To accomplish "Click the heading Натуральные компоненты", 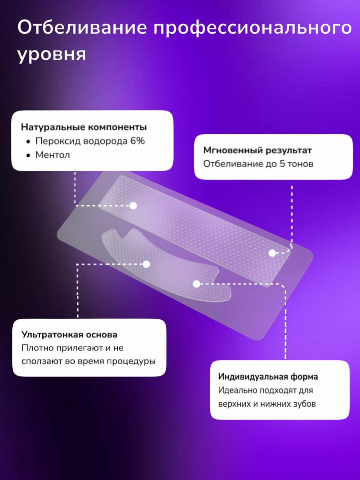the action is pos(84,127).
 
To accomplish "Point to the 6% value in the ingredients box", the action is pos(137,141).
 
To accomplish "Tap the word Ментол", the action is pos(52,155).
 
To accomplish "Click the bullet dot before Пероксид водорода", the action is pos(28,142).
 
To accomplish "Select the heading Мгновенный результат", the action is pos(257,150).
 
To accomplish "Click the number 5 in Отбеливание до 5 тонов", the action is pos(282,164).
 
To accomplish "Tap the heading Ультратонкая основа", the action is pos(69,334).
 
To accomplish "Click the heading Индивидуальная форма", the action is pos(268,376).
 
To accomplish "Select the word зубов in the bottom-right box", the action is pos(303,404).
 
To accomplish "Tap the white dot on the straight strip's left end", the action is pos(133,205).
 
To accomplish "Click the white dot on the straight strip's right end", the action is pos(272,253).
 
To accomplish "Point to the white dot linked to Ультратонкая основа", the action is pos(146,264).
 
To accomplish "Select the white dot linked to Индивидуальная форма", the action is pos(196,284).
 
